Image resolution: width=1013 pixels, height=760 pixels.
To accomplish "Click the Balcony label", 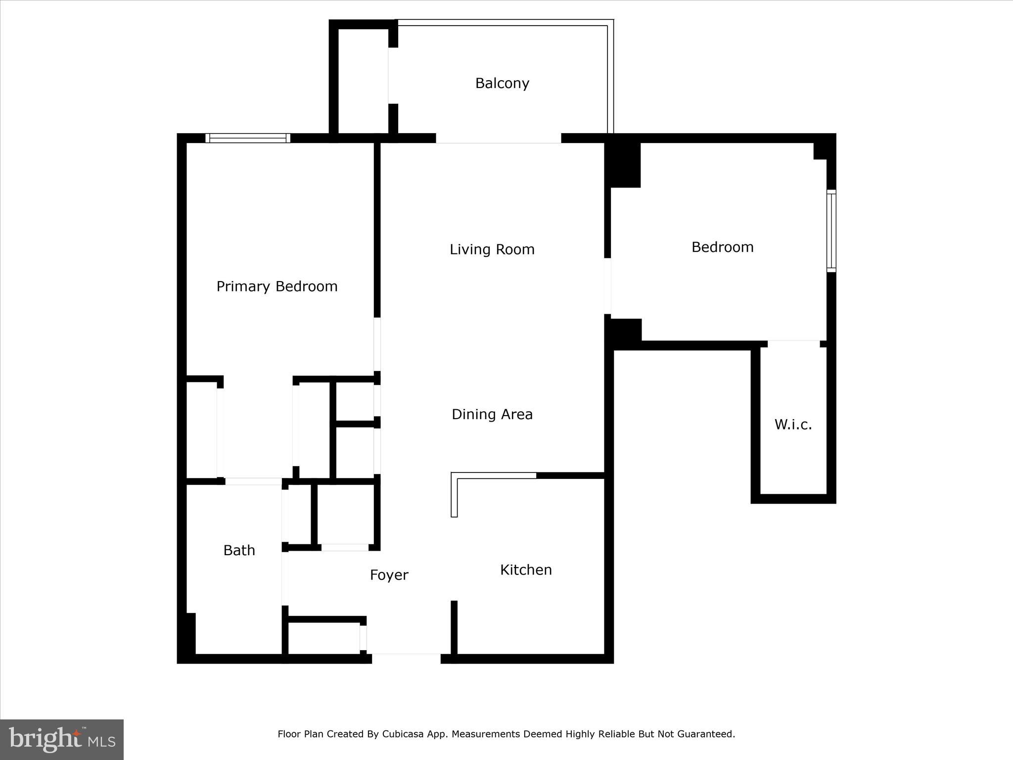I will tap(502, 83).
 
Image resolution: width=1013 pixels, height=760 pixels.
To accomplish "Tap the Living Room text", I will tap(492, 249).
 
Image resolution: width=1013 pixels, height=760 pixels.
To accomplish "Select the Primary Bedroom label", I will tap(277, 286).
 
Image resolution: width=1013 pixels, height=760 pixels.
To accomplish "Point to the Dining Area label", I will tap(492, 414).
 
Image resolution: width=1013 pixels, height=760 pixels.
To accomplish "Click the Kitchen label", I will tap(526, 570).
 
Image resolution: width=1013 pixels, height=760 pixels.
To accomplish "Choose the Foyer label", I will tap(389, 575).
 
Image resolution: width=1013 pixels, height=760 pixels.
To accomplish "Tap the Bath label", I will tap(239, 550).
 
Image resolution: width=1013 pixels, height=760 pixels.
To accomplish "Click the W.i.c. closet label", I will tap(793, 425).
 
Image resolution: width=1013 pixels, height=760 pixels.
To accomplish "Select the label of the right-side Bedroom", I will tap(722, 247).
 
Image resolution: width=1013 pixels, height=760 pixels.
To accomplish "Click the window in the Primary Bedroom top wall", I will tap(248, 138).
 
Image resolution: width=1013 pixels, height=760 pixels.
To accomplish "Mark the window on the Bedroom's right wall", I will tap(831, 231).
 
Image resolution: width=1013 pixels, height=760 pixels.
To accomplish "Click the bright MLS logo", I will tap(62, 739).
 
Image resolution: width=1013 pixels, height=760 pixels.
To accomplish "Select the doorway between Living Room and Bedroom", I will tap(607, 286).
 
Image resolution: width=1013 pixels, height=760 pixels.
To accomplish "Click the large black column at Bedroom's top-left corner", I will tap(623, 165).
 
